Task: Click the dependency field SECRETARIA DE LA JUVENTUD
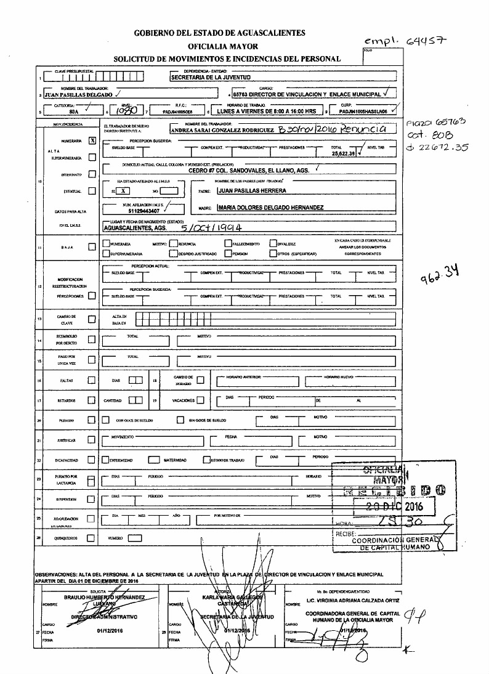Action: pyautogui.click(x=209, y=78)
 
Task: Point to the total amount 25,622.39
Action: pyautogui.click(x=342, y=153)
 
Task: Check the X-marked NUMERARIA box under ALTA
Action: pyautogui.click(x=92, y=140)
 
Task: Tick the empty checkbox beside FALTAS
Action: pyautogui.click(x=92, y=380)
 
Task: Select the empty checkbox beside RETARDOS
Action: pyautogui.click(x=92, y=400)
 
